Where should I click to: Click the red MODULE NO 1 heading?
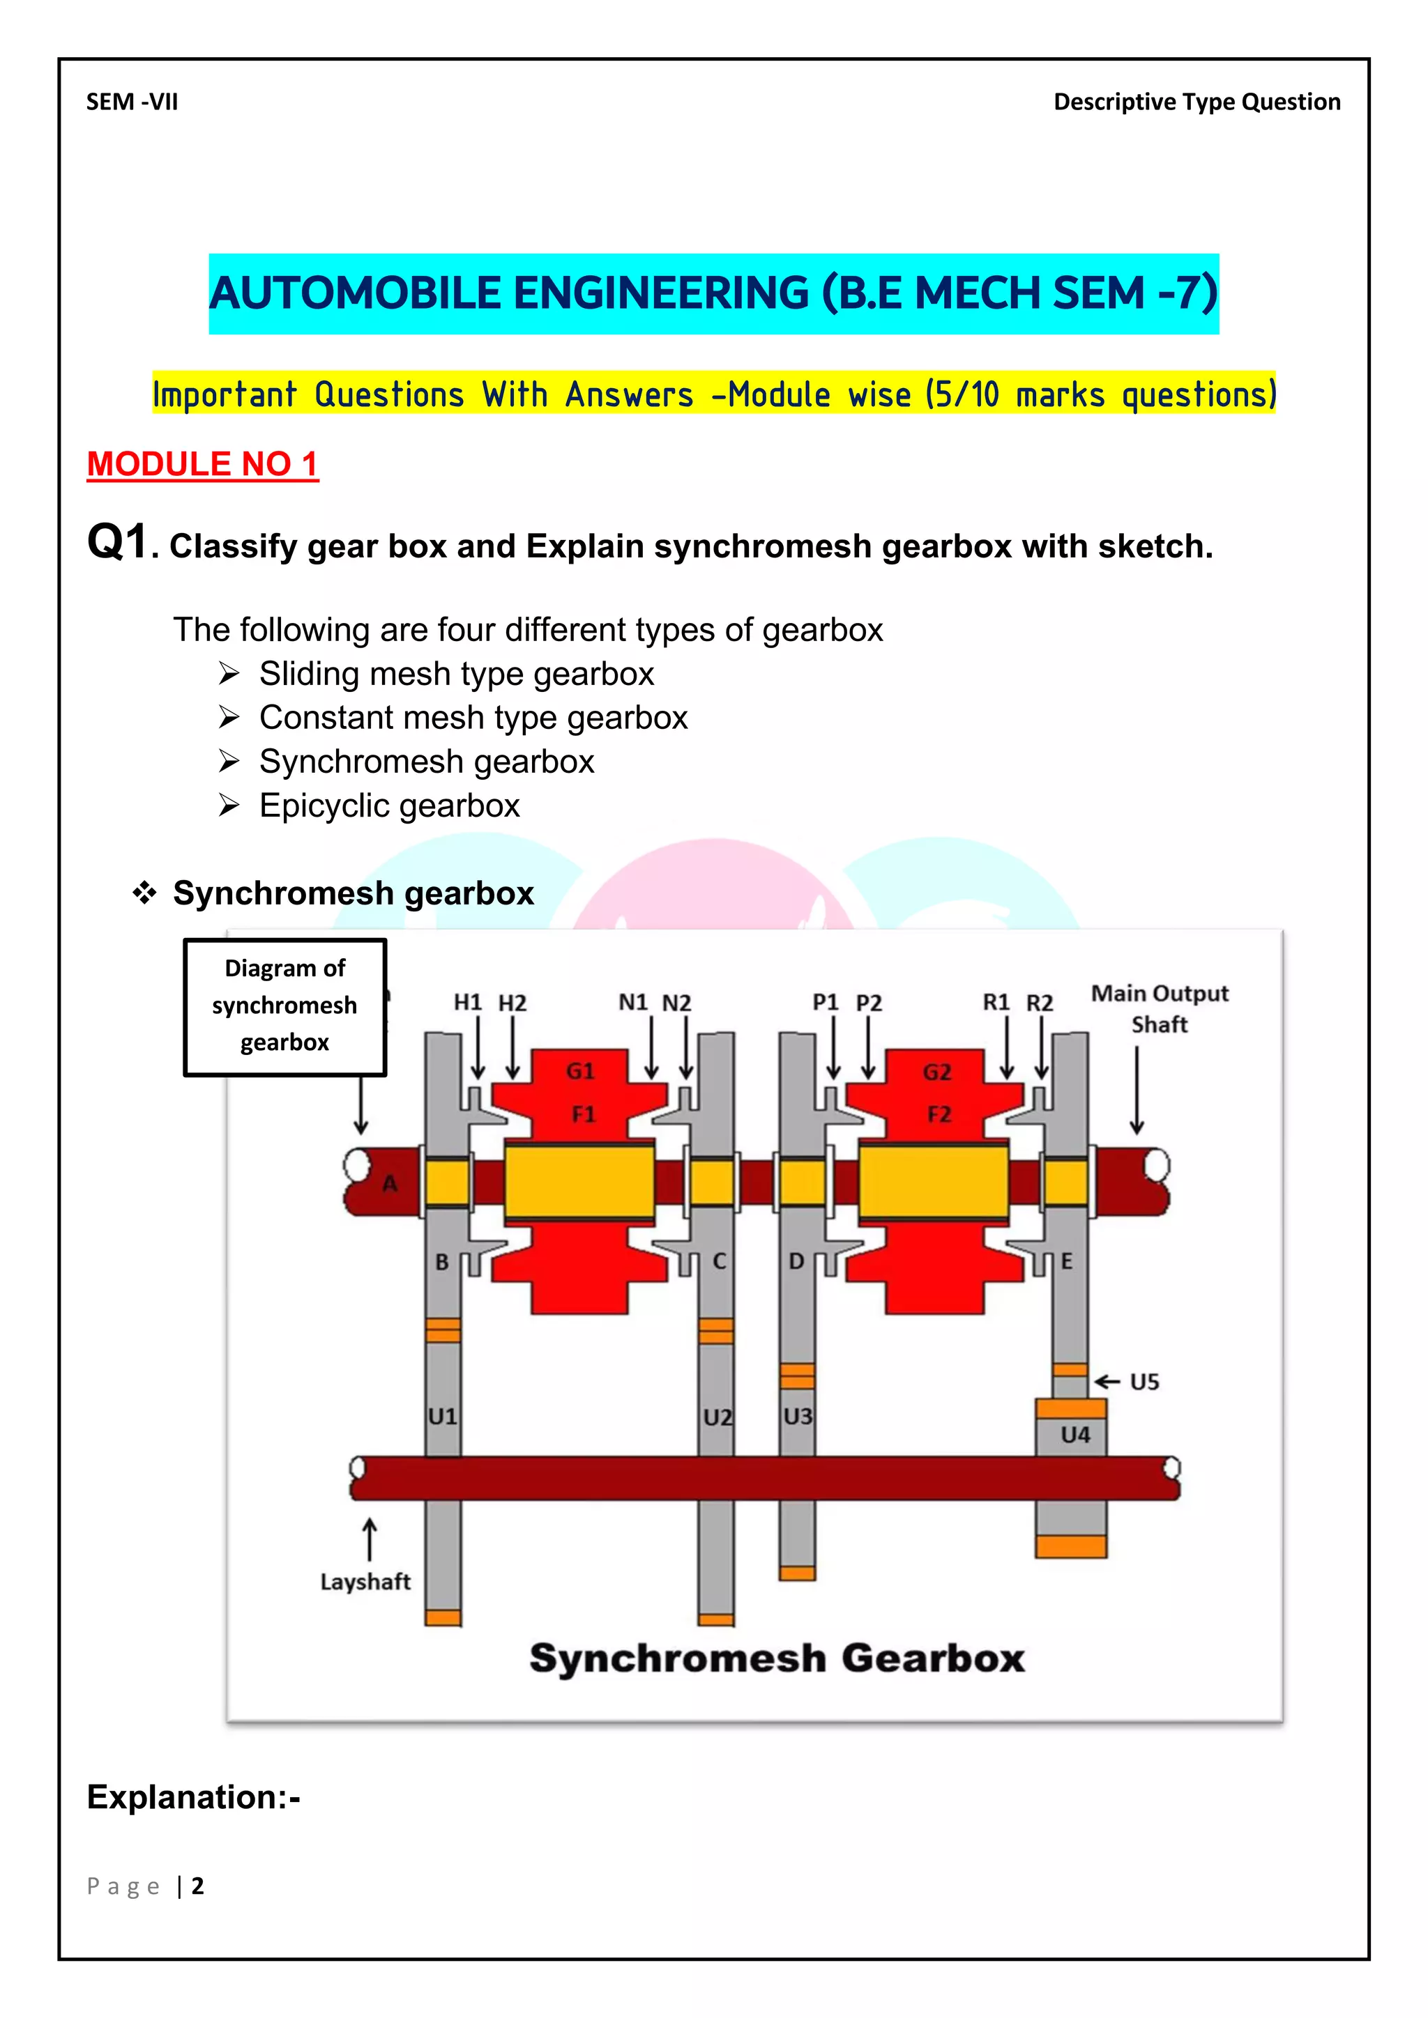click(202, 463)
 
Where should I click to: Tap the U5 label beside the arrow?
click(1144, 1382)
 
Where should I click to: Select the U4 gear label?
click(1074, 1434)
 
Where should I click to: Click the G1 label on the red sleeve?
click(580, 1070)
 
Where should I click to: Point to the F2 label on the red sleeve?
click(939, 1114)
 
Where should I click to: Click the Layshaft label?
click(365, 1581)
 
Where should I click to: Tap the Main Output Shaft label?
click(1159, 1008)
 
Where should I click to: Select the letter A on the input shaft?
click(390, 1184)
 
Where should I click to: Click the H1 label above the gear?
click(467, 1002)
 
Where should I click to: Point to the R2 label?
click(1040, 1003)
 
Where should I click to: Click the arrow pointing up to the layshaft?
click(370, 1540)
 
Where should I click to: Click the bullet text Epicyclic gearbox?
click(390, 805)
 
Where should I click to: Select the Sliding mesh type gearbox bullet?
click(457, 674)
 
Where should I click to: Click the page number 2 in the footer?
click(198, 1886)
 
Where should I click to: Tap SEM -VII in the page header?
click(132, 102)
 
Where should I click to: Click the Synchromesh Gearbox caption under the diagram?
click(777, 1658)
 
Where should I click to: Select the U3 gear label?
click(798, 1416)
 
